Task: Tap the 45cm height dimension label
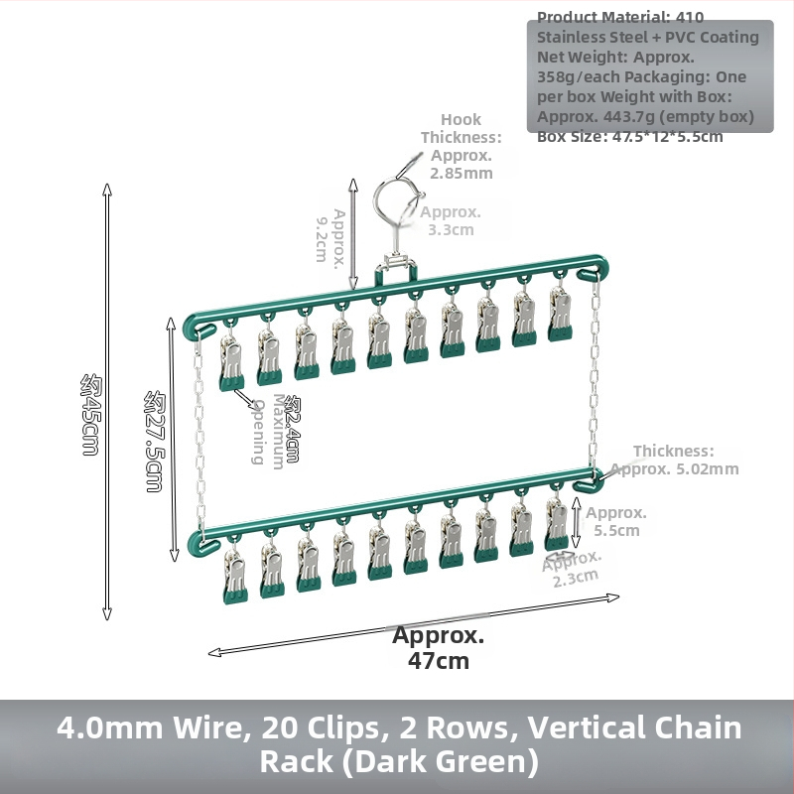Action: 90,414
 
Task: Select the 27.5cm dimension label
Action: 155,441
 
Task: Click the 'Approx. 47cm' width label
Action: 439,648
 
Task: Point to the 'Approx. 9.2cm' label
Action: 331,236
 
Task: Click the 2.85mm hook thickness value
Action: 462,173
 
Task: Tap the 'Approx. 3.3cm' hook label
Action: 451,220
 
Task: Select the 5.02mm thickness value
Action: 708,468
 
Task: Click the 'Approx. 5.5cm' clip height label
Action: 616,522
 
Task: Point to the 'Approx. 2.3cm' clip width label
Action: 573,568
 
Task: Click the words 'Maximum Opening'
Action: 269,432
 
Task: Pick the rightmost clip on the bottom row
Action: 557,524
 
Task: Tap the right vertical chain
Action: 594,374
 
